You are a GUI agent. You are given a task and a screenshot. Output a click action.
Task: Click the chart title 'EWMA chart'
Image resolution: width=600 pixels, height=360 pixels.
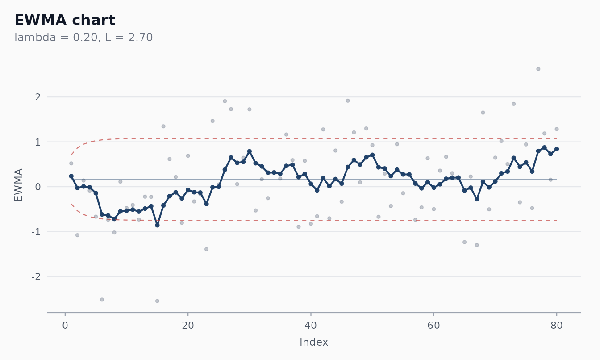[65, 21]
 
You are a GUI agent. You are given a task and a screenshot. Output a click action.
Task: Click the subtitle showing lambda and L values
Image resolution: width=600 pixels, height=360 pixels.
[83, 38]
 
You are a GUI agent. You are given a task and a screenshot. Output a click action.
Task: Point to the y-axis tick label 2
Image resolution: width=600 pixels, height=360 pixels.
[38, 97]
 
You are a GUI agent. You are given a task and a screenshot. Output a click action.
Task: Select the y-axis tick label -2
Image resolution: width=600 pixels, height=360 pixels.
[36, 276]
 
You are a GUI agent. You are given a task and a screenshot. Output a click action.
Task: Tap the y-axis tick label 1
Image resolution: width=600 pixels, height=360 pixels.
[38, 142]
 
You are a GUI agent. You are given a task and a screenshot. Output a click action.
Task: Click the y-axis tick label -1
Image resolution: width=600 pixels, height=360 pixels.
[36, 232]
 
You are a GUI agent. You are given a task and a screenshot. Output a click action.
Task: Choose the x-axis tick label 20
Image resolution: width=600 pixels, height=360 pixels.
[188, 326]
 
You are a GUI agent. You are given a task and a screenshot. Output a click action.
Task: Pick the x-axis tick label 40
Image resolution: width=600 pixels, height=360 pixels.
[311, 326]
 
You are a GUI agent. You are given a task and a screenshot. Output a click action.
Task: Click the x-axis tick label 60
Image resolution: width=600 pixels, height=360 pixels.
[433, 326]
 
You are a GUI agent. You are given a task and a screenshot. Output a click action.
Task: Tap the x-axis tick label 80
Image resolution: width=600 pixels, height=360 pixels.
[557, 326]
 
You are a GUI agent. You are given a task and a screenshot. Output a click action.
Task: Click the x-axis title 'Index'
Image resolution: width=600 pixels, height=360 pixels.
[314, 342]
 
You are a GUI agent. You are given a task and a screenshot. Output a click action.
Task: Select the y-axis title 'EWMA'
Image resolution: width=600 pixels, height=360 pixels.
[18, 185]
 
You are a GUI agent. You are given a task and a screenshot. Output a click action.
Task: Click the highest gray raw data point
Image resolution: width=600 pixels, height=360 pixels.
[538, 69]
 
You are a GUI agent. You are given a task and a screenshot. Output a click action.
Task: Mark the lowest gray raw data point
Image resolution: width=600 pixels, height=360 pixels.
[157, 301]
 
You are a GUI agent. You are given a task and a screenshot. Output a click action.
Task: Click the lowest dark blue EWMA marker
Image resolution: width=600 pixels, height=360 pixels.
[157, 226]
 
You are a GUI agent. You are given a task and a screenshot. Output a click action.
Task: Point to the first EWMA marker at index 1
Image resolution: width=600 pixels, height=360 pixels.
[71, 176]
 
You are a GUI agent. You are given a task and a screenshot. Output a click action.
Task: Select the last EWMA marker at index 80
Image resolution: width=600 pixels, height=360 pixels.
[557, 149]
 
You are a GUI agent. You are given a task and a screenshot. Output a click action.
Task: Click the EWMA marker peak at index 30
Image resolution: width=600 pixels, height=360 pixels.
[250, 151]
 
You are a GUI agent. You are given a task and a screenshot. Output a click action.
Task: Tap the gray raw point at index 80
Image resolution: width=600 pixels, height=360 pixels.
[557, 129]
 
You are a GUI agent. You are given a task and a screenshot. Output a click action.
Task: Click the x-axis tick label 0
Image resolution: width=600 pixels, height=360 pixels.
[65, 326]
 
